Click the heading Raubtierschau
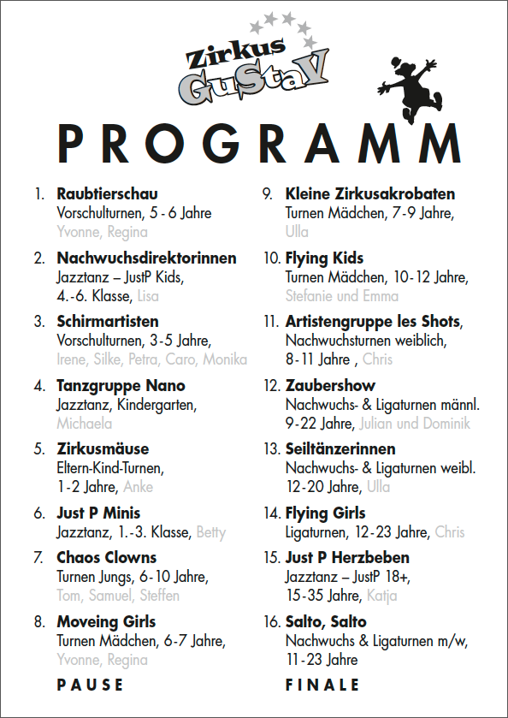click(x=107, y=194)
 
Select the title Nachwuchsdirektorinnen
click(x=146, y=258)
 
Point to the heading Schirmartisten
click(x=108, y=322)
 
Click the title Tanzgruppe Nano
click(x=121, y=385)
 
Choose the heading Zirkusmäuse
click(x=103, y=449)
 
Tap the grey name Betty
click(x=211, y=532)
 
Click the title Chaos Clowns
click(x=106, y=557)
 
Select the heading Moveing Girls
click(x=106, y=621)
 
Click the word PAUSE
click(x=90, y=685)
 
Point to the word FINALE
click(x=322, y=685)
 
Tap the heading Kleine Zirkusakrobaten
click(x=369, y=194)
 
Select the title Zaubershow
click(x=330, y=385)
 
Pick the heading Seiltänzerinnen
click(x=340, y=449)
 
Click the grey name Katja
click(x=381, y=596)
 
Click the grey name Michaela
click(x=84, y=424)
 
